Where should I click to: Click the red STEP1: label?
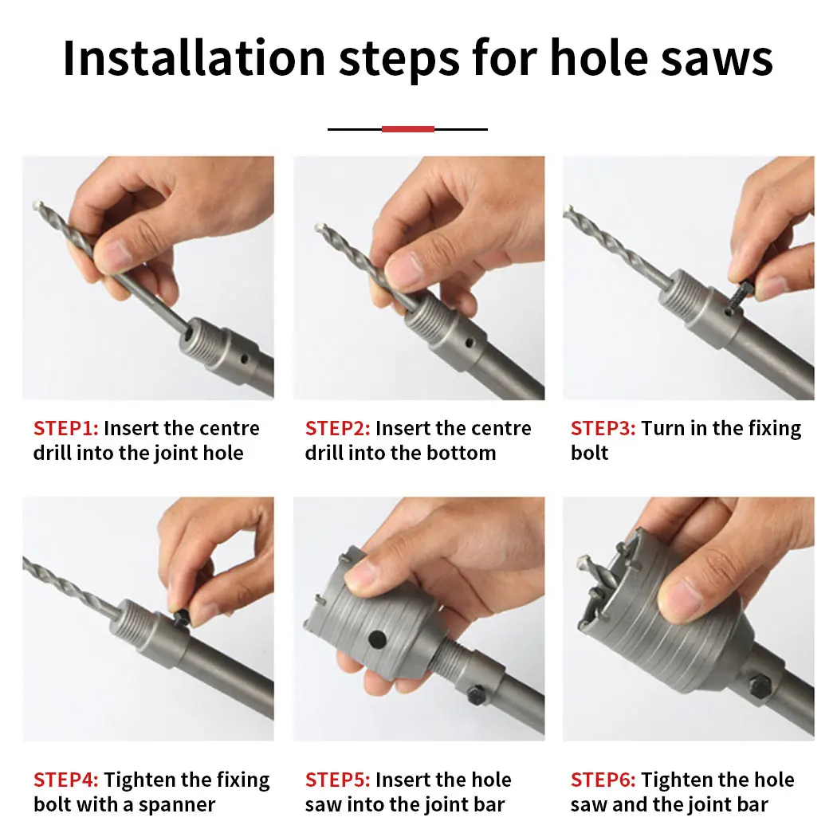[65, 428]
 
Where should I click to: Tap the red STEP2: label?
[337, 428]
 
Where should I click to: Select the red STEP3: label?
[603, 428]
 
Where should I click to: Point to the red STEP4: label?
[65, 780]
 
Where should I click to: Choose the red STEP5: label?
[337, 780]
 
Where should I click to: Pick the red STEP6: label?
[603, 780]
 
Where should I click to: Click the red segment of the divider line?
[407, 128]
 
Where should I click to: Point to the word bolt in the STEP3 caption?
[589, 453]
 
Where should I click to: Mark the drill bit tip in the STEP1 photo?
[39, 206]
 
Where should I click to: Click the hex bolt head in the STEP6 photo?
[759, 683]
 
